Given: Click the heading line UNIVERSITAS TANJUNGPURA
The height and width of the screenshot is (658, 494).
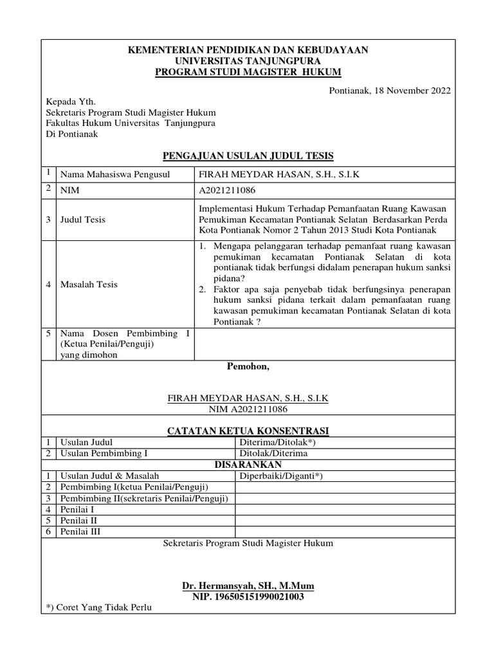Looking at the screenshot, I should coord(248,60).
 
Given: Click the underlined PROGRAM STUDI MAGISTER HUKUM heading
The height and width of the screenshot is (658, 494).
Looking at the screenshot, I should coord(248,71).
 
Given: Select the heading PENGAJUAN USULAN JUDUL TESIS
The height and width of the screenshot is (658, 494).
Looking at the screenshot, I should coord(248,156).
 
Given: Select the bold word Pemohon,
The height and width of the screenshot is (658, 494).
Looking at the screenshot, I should coord(248,367).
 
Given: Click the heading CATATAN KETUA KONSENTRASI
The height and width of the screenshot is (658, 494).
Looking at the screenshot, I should coord(248,430).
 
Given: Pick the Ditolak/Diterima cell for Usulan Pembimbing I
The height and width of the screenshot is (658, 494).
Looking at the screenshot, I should coord(273,453).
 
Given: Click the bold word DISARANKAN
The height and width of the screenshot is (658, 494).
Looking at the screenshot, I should coord(248,465).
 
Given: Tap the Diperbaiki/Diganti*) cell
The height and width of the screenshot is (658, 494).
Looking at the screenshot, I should coord(281,476).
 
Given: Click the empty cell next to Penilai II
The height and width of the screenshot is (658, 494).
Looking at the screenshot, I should coord(343,520).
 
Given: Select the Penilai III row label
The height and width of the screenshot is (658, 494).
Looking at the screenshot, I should coord(80,531).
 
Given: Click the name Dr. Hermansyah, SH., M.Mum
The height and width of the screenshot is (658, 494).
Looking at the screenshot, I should coord(248,587).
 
